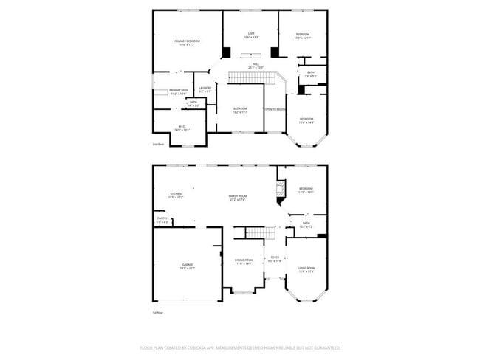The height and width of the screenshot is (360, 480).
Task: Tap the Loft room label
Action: [x=251, y=35]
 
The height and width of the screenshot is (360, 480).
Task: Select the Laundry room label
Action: [x=205, y=90]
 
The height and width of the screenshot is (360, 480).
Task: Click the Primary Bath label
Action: [x=179, y=92]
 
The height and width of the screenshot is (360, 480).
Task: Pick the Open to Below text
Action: [x=275, y=109]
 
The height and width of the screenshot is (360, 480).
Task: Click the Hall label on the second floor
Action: [x=256, y=66]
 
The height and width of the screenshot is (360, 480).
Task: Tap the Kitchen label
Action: [x=175, y=195]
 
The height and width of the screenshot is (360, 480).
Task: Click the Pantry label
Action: [x=162, y=219]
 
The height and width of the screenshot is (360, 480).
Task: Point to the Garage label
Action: [x=188, y=266]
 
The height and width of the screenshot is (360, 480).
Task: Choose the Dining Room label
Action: [x=244, y=261]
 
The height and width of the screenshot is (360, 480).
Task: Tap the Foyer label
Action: [x=275, y=260]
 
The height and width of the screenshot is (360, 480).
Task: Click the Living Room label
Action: [x=306, y=269]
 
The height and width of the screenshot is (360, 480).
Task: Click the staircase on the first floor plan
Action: [x=255, y=233]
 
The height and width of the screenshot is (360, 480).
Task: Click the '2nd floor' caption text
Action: [x=157, y=145]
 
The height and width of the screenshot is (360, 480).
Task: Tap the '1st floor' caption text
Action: [x=157, y=313]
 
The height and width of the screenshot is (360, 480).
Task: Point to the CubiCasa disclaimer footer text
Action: [x=239, y=347]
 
